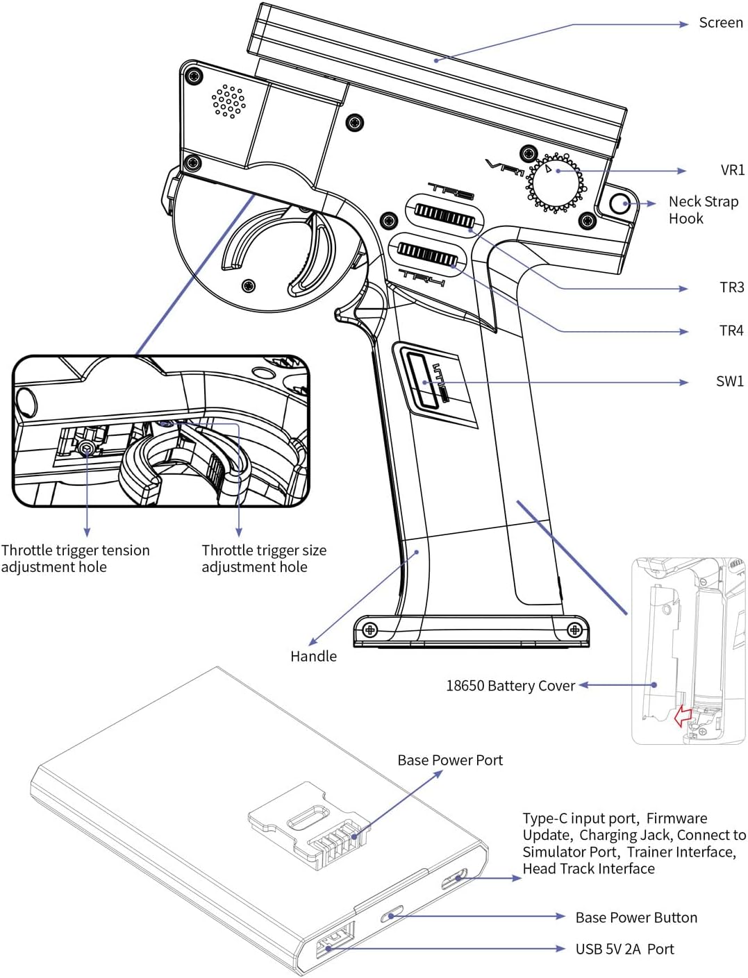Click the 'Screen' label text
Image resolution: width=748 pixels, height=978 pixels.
720,23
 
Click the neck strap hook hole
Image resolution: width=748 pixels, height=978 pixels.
619,204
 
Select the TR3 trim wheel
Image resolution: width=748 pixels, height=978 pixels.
444,216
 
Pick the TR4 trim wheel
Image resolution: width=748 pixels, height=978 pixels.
428,254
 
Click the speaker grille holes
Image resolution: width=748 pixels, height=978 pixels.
228,101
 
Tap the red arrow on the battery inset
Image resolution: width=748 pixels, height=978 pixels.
683,716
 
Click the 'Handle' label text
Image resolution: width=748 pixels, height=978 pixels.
313,657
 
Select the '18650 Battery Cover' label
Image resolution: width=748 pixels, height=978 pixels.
510,686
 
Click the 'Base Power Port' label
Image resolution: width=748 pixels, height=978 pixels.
450,760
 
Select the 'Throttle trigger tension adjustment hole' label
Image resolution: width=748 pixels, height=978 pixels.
75,559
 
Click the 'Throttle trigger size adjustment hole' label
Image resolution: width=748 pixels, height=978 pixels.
264,559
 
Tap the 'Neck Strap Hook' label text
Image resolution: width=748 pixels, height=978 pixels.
703,210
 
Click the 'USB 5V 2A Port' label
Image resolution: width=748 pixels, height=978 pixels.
624,949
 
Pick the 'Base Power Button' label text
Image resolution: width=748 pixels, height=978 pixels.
636,918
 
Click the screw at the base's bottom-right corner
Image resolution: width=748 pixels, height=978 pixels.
574,630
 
